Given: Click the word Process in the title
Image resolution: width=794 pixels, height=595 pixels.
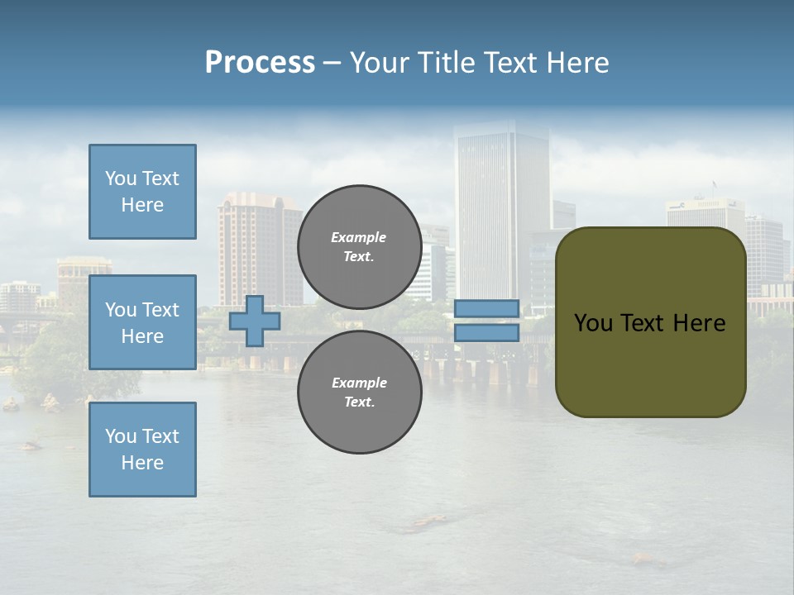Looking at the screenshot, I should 260,63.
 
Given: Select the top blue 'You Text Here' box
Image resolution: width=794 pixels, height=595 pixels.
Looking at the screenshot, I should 142,192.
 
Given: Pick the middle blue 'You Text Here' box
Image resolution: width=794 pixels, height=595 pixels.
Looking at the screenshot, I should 142,322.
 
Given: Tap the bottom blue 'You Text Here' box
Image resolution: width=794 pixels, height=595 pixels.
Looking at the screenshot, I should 142,450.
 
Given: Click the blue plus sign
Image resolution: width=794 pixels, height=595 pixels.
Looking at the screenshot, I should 255,321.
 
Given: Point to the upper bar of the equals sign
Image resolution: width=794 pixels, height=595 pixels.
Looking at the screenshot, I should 486,308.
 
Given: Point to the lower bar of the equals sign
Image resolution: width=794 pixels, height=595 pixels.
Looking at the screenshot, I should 486,333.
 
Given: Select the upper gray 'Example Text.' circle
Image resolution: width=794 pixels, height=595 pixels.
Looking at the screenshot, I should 359,247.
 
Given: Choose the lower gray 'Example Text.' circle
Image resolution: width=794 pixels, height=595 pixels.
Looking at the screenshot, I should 359,393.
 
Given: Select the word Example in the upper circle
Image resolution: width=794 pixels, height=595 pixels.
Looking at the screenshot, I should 359,237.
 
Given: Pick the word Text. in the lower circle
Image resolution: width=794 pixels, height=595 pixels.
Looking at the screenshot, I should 359,402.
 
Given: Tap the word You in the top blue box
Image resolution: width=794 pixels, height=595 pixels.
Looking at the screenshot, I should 121,178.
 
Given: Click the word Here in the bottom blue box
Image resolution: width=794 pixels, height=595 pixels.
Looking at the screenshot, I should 142,463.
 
